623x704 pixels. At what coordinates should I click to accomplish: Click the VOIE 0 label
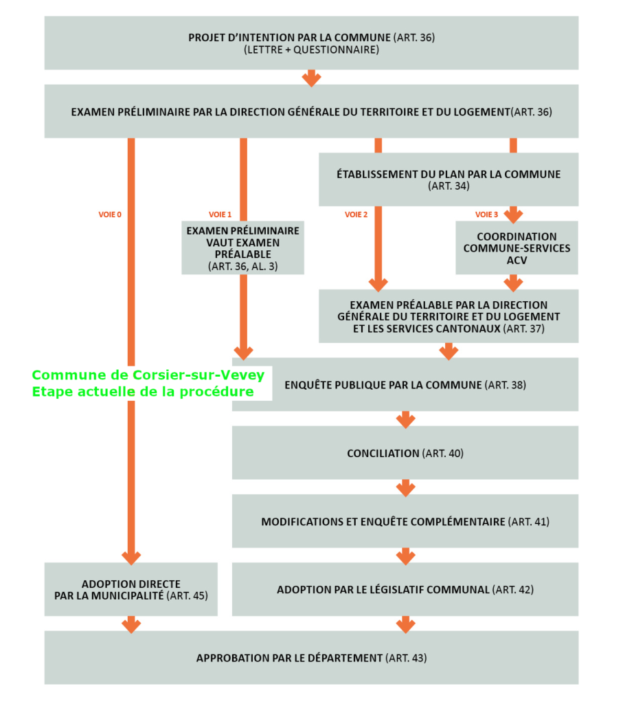pos(110,214)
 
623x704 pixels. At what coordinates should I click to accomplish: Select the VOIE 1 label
pos(220,214)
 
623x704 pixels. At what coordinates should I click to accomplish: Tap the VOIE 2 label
pos(356,214)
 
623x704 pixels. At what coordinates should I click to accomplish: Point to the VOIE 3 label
pos(486,214)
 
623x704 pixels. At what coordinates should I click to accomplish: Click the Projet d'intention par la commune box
pos(311,43)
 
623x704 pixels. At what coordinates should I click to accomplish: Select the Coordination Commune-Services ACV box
pos(517,247)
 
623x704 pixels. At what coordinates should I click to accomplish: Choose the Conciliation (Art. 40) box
pos(405,452)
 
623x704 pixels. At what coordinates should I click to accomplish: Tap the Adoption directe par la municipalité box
pos(131,589)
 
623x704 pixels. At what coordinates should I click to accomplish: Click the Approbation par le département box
pos(311,658)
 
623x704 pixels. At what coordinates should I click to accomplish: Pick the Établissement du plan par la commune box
pos(449,179)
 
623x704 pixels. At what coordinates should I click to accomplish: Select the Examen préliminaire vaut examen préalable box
pos(242,247)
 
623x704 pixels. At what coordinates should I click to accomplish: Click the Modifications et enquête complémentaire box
pos(405,521)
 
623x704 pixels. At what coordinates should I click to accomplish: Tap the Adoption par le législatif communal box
pos(405,589)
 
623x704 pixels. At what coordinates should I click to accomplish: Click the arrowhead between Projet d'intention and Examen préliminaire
pos(311,79)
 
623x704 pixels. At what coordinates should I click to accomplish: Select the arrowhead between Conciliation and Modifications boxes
pos(405,489)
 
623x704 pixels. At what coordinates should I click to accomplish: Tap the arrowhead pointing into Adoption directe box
pos(131,558)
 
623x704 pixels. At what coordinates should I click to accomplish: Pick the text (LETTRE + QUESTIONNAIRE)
pos(311,49)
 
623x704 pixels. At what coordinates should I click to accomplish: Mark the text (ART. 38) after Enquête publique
pos(506,385)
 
